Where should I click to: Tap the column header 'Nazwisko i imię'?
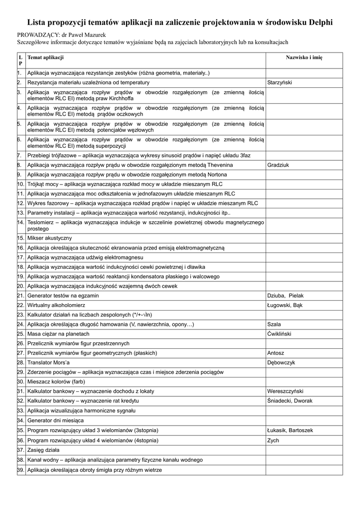304,58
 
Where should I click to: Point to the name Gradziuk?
278,165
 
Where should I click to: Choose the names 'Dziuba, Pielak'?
285,296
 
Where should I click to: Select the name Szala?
274,324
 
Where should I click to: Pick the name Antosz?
276,353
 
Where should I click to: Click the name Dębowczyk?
281,363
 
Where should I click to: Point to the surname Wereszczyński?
285,391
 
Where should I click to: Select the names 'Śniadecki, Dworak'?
289,400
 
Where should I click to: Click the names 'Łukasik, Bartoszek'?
290,431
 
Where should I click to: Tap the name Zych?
273,440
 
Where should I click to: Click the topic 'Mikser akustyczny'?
50,238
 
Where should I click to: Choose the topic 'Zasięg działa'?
43,450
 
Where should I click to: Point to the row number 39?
21,470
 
